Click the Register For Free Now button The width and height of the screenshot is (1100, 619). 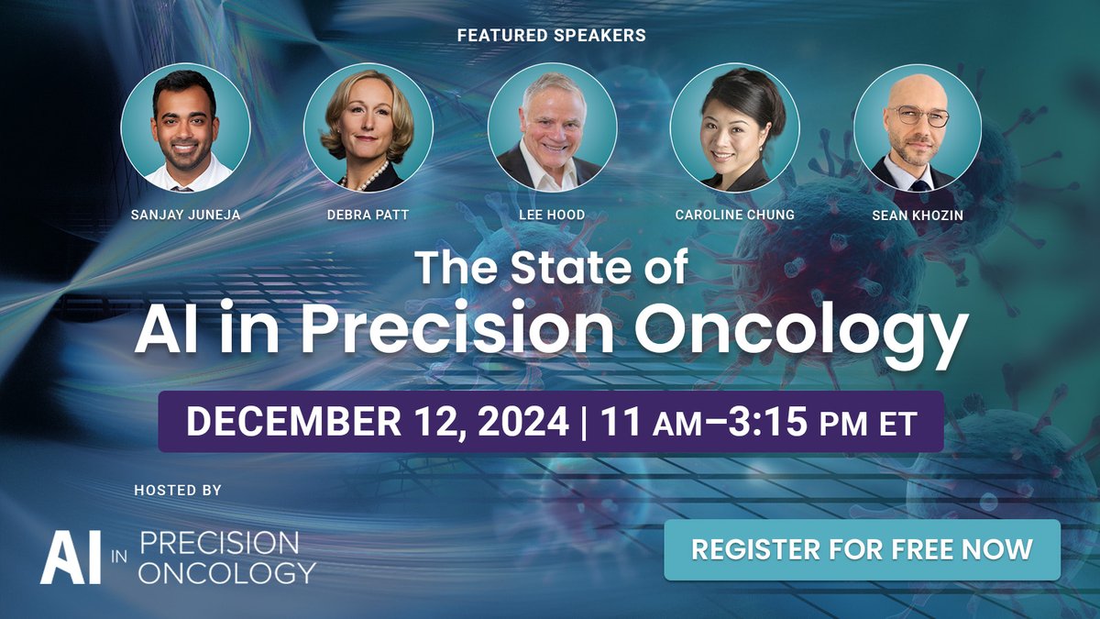coord(862,549)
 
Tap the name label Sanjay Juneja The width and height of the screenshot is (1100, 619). coord(185,216)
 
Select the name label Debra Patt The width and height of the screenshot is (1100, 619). coord(368,216)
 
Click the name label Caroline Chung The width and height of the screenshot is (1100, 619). coord(733,216)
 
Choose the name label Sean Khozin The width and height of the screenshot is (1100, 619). coord(917,216)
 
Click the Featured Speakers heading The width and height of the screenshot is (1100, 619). coord(550,36)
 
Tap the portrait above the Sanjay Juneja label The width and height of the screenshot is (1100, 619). coord(185,127)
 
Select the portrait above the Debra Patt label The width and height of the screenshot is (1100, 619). coord(368,127)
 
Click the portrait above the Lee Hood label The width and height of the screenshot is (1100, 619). coord(551,127)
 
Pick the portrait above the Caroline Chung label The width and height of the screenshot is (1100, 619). coord(734,127)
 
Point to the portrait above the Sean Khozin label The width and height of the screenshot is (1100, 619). coord(917,127)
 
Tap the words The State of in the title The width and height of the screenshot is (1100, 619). coord(551,268)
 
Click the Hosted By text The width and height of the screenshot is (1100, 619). coord(177,491)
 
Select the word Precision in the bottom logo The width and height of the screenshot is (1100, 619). coord(219,542)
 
